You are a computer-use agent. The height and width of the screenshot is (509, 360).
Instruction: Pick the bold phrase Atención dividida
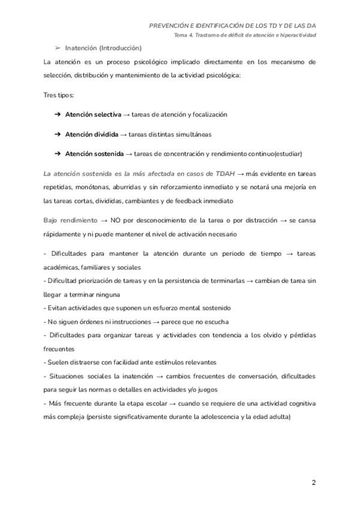[91, 134]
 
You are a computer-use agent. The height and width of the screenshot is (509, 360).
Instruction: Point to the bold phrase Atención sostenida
[94, 154]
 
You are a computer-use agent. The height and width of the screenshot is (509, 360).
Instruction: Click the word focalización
[209, 114]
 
